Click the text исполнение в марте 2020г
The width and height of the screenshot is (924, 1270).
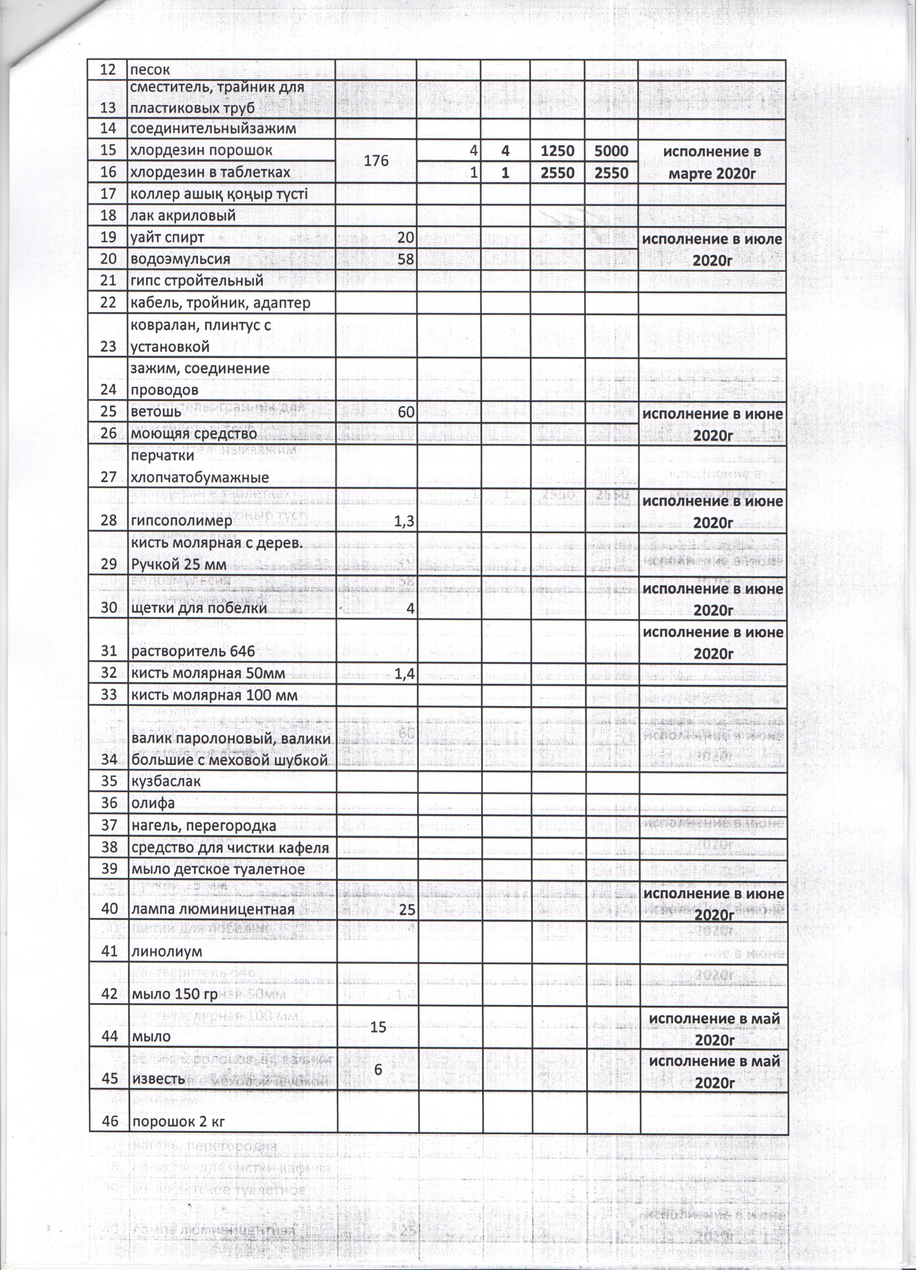tap(712, 161)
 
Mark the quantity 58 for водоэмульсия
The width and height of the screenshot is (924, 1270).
tap(405, 259)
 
